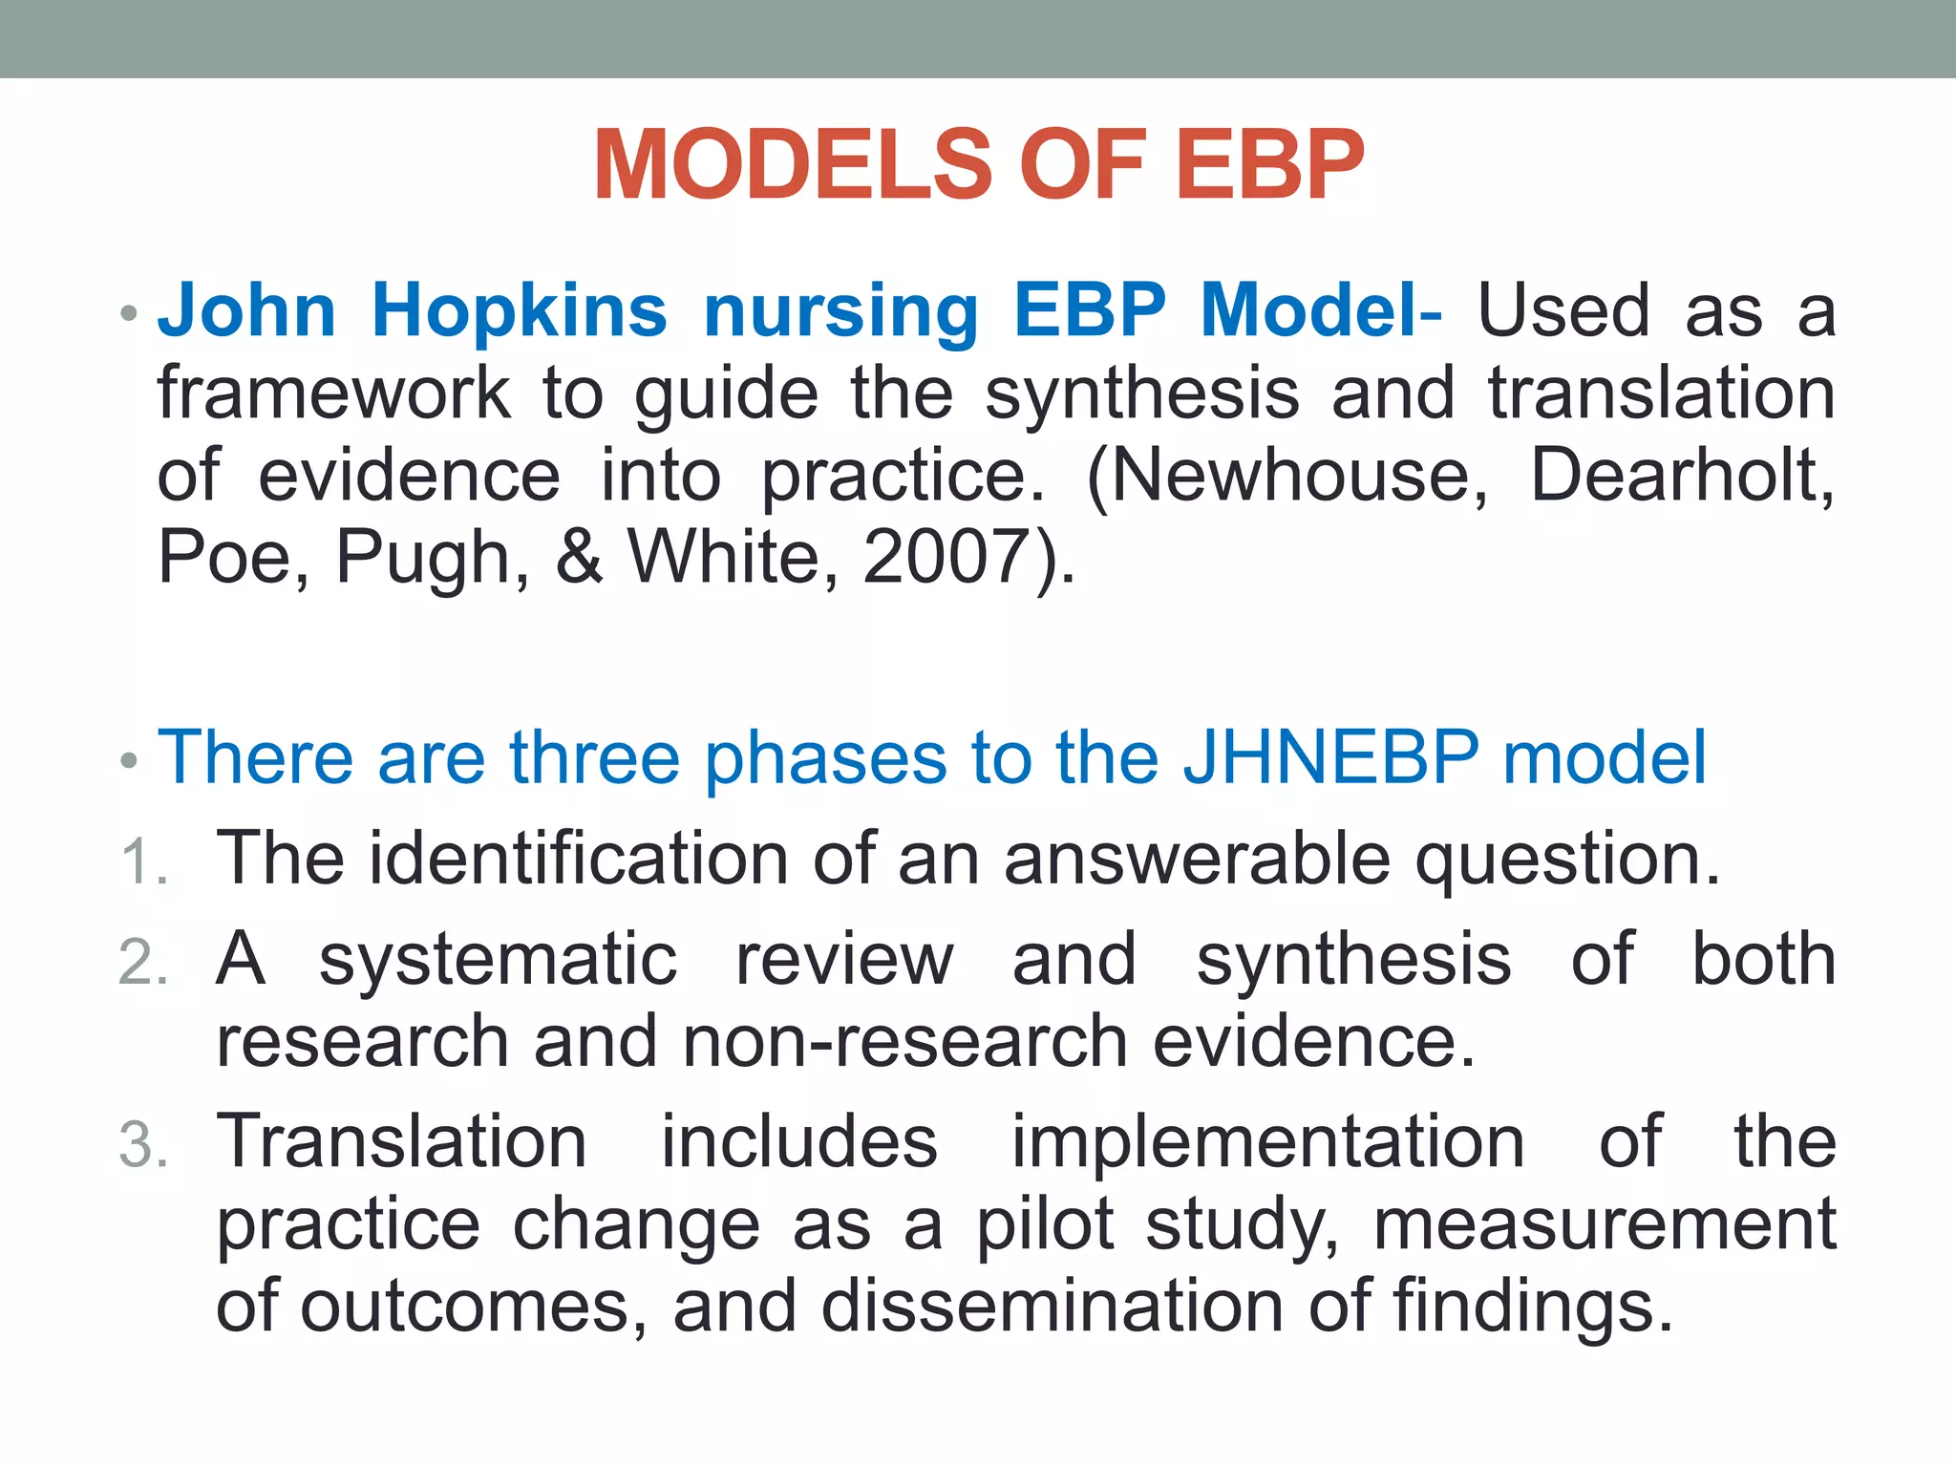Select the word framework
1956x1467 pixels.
pos(333,393)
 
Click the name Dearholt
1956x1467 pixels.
pos(1681,476)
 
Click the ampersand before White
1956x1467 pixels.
pos(579,558)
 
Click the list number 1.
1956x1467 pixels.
pos(143,861)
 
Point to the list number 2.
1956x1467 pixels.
pos(143,962)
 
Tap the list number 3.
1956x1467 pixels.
pos(143,1145)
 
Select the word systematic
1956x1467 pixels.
pos(498,960)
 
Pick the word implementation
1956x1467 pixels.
pos(1267,1142)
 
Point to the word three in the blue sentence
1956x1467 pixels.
pos(594,757)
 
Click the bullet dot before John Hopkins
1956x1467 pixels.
pos(130,314)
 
